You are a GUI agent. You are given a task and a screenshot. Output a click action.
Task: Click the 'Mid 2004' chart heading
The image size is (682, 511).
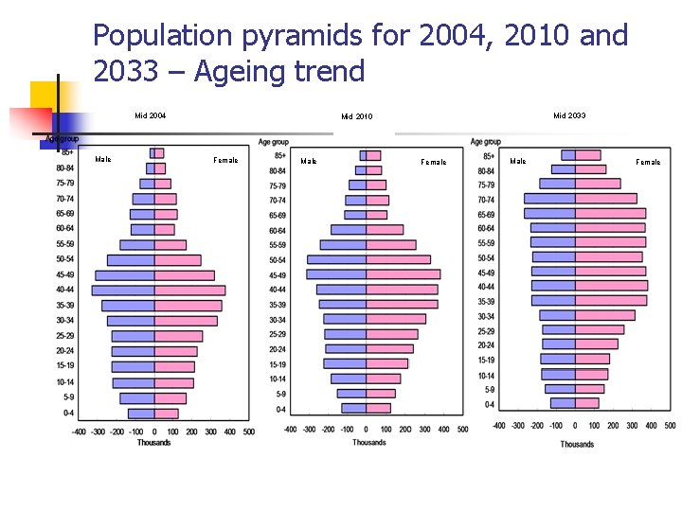click(x=150, y=116)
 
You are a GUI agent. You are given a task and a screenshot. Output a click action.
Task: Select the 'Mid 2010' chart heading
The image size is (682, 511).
click(x=357, y=117)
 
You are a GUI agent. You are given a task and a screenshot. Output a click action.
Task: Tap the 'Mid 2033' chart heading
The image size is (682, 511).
click(x=569, y=115)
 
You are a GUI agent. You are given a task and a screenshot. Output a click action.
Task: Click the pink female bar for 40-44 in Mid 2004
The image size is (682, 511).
click(x=189, y=291)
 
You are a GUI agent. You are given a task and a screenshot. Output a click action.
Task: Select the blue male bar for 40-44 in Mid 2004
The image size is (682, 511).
click(x=123, y=291)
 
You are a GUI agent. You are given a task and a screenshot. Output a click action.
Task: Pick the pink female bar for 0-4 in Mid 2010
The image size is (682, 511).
click(x=378, y=409)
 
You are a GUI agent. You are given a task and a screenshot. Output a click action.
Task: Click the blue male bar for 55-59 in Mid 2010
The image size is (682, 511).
click(x=343, y=245)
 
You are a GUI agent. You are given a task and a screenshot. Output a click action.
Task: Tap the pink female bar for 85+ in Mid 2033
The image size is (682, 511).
click(x=587, y=155)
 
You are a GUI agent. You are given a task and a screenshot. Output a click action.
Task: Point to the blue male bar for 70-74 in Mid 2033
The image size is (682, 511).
click(x=549, y=199)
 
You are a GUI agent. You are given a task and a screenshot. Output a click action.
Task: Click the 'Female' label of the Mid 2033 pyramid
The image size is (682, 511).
click(x=648, y=162)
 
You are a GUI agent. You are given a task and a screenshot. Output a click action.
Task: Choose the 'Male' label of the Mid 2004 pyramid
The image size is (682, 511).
click(x=103, y=159)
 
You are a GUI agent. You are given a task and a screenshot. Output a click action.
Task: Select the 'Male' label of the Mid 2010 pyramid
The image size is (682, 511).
click(x=309, y=162)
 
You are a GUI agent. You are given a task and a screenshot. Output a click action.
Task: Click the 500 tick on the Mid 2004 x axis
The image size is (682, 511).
click(x=247, y=432)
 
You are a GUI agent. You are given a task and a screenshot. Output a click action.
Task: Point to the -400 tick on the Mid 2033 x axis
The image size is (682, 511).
click(x=499, y=426)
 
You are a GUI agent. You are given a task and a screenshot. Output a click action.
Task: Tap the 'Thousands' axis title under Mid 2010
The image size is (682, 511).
click(x=369, y=443)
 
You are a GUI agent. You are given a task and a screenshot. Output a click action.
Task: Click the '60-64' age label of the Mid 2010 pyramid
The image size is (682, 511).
click(x=278, y=231)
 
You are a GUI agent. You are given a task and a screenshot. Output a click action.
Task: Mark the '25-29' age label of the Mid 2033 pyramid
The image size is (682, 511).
click(x=486, y=331)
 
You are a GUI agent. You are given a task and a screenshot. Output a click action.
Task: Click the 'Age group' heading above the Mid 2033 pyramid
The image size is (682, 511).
click(x=486, y=142)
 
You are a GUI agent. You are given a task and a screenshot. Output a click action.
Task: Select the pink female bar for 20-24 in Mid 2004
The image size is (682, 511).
click(x=175, y=351)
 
